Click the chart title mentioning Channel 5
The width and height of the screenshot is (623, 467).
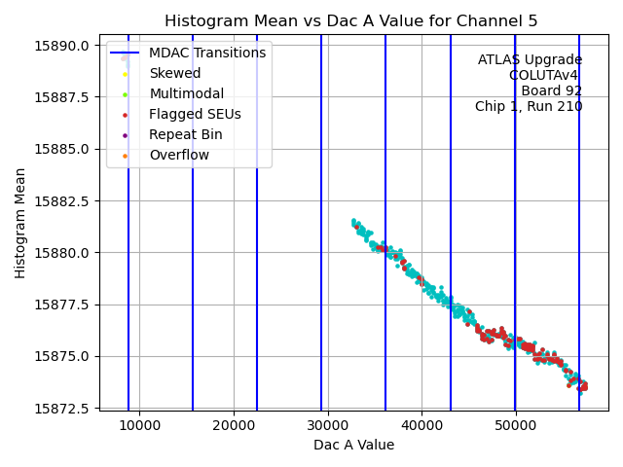(x=350, y=21)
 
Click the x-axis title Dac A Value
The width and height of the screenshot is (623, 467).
(x=353, y=445)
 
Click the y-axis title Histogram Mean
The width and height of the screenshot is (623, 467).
(x=20, y=223)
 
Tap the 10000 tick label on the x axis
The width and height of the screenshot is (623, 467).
(x=139, y=425)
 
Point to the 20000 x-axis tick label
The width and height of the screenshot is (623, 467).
(x=234, y=425)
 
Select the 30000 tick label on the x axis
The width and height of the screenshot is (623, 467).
(x=327, y=425)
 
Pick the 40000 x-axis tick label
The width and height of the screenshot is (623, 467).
(x=421, y=425)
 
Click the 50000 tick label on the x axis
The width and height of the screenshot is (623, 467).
(x=515, y=425)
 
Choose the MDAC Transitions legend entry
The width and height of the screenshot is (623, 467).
(x=206, y=53)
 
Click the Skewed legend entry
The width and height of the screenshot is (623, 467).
(x=174, y=73)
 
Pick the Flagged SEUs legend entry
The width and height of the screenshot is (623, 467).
(x=195, y=114)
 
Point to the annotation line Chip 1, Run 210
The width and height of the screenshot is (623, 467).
(x=529, y=106)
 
